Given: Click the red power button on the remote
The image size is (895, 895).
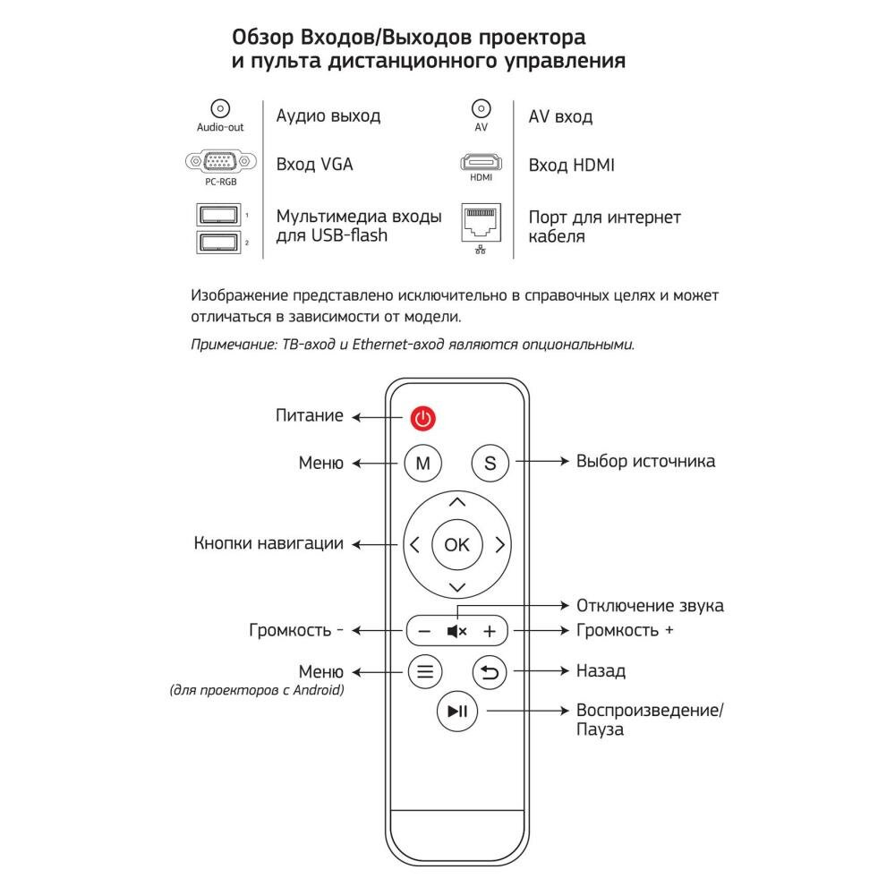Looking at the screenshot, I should click(x=423, y=417).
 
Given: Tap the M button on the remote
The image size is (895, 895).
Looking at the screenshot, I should click(x=423, y=463).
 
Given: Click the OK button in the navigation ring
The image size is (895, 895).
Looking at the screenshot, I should click(x=456, y=544).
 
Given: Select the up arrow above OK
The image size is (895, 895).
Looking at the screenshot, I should click(x=456, y=502).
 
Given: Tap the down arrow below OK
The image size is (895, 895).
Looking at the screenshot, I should click(x=456, y=587).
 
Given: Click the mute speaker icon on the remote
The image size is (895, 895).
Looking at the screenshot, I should click(x=456, y=631).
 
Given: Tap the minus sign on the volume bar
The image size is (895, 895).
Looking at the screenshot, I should click(x=424, y=631).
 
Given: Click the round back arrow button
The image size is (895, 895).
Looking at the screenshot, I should click(x=490, y=670).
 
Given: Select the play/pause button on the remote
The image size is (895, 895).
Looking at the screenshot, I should click(x=456, y=711).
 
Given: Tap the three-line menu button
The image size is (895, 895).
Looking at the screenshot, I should click(x=424, y=670).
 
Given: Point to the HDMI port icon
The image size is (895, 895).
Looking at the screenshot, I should click(x=482, y=163).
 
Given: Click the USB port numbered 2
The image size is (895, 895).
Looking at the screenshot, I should click(x=217, y=243).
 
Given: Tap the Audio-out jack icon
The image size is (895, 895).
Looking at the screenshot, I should click(x=220, y=108).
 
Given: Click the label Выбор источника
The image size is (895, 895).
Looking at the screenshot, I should click(x=645, y=462).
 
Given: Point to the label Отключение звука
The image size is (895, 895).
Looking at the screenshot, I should click(x=650, y=606).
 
